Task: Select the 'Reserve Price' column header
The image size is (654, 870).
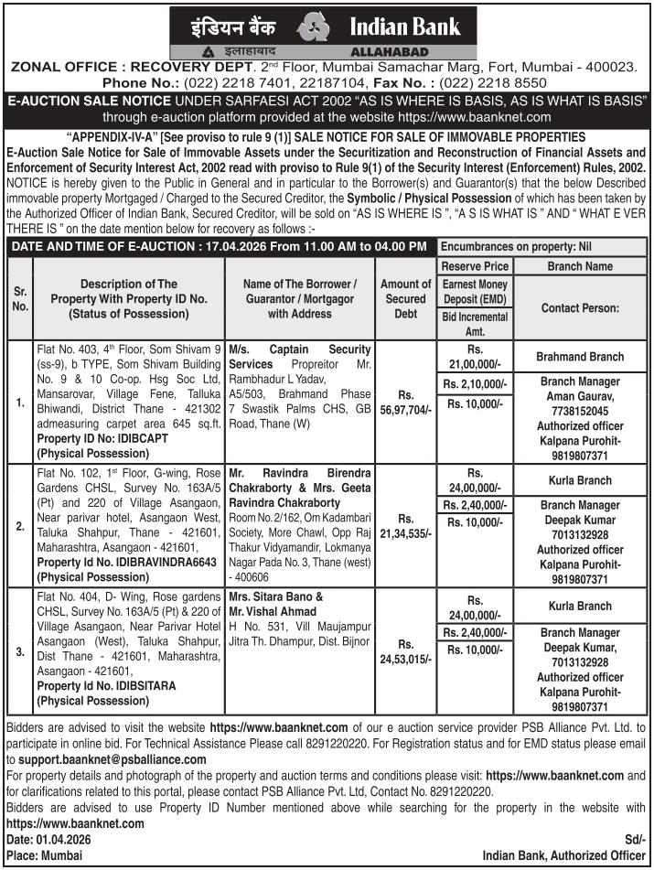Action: pos(475,265)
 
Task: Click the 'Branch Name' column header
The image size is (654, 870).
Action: pos(580,265)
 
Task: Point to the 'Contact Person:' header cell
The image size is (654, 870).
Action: pos(580,308)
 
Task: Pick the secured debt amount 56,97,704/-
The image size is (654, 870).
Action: pos(405,403)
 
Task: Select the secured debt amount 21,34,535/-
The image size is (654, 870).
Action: pos(405,526)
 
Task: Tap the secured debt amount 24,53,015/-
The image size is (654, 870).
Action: pos(405,650)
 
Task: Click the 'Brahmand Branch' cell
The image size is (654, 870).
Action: pos(580,357)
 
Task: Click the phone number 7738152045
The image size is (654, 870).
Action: pos(580,411)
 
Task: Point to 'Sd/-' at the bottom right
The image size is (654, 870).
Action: pos(635,839)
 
